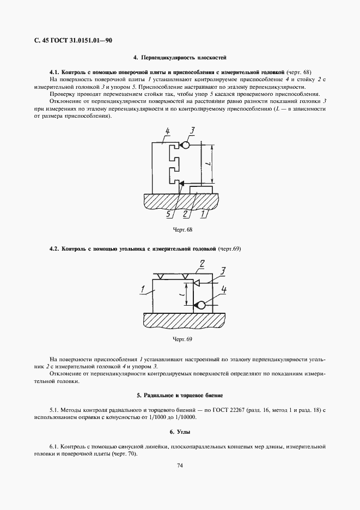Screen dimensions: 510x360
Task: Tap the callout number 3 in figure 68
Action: [192, 130]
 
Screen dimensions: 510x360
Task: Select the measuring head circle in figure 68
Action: [185, 145]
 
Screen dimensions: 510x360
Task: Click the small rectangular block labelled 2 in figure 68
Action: [202, 189]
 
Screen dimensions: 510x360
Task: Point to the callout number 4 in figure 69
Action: [224, 290]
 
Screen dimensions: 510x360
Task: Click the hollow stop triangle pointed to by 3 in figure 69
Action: [197, 282]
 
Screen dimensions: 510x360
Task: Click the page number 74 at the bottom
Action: [180, 465]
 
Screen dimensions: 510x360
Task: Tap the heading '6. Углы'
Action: [180, 432]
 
